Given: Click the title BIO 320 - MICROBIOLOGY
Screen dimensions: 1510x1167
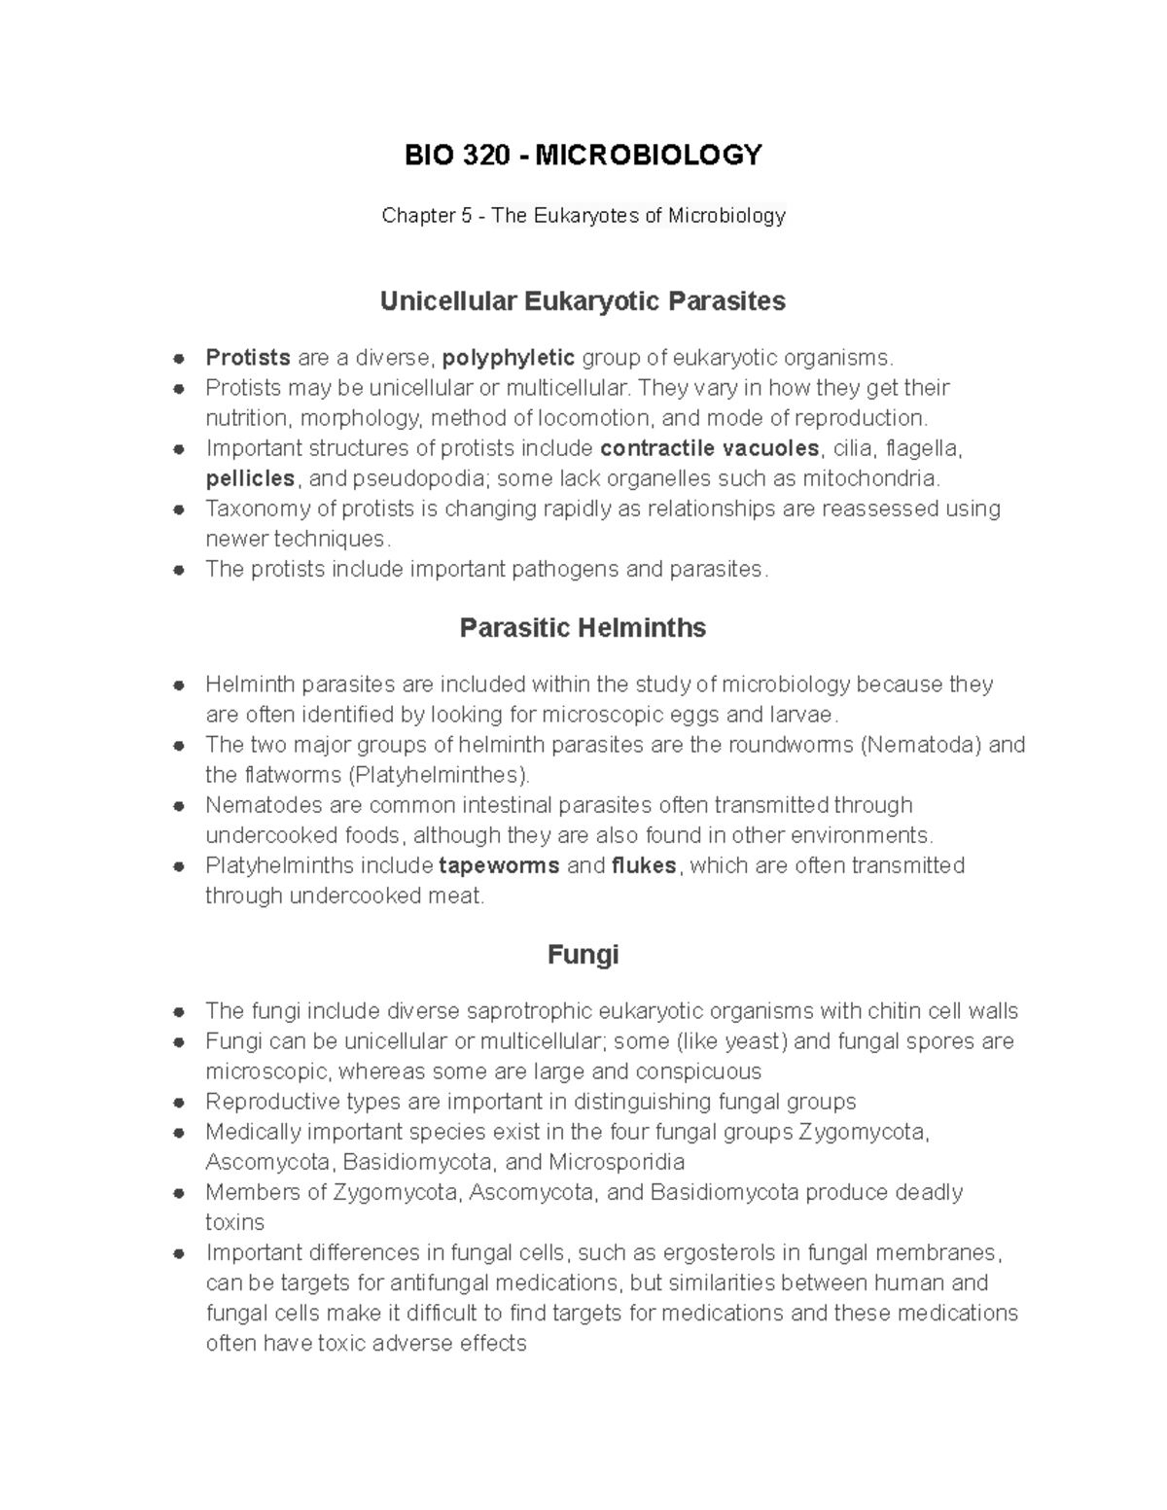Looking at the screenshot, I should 583,155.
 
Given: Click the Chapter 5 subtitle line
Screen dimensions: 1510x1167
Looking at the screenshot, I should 583,216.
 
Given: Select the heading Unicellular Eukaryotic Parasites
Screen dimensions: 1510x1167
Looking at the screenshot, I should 583,301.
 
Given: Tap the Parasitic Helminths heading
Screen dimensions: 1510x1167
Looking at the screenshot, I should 583,628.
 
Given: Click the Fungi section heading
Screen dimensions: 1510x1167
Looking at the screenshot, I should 583,955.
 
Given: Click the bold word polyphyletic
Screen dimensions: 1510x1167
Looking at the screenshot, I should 508,358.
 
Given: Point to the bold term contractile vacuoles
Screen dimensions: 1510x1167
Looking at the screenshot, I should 710,448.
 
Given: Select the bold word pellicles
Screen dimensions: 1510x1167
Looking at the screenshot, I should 250,478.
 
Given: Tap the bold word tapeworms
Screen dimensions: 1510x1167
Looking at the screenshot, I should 499,865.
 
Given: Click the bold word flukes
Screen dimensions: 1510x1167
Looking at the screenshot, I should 644,865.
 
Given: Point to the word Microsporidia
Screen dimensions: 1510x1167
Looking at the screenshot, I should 617,1162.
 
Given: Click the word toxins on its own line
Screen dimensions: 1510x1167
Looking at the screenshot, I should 234,1222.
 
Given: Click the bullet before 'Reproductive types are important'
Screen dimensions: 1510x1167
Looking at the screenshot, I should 178,1103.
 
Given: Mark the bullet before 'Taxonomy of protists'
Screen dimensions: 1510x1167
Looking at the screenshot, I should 178,509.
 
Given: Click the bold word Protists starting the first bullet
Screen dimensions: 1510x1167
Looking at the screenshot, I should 248,358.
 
